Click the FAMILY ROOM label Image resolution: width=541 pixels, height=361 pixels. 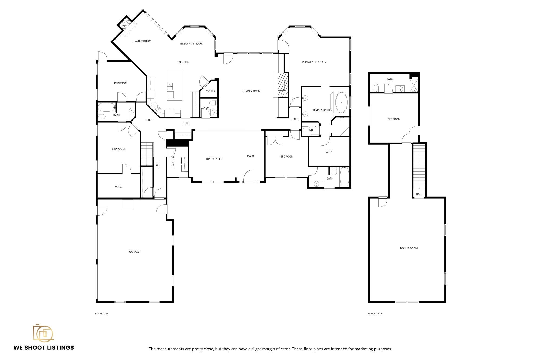[142, 41]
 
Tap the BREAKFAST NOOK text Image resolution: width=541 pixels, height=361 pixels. [191, 44]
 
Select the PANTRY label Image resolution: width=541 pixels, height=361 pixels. [210, 91]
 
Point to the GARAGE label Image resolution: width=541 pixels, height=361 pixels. [134, 252]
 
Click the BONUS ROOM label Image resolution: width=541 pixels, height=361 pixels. [409, 248]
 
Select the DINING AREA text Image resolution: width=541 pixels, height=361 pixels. [214, 159]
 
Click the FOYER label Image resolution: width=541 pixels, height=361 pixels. [250, 157]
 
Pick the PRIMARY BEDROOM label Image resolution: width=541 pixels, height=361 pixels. [314, 62]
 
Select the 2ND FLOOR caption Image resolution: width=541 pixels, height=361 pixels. [375, 314]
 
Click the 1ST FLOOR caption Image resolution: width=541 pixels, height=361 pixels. [101, 314]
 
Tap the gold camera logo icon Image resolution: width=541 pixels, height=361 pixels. [43, 333]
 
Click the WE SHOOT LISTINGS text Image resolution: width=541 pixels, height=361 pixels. [44, 348]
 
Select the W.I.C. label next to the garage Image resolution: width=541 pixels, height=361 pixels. [118, 187]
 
